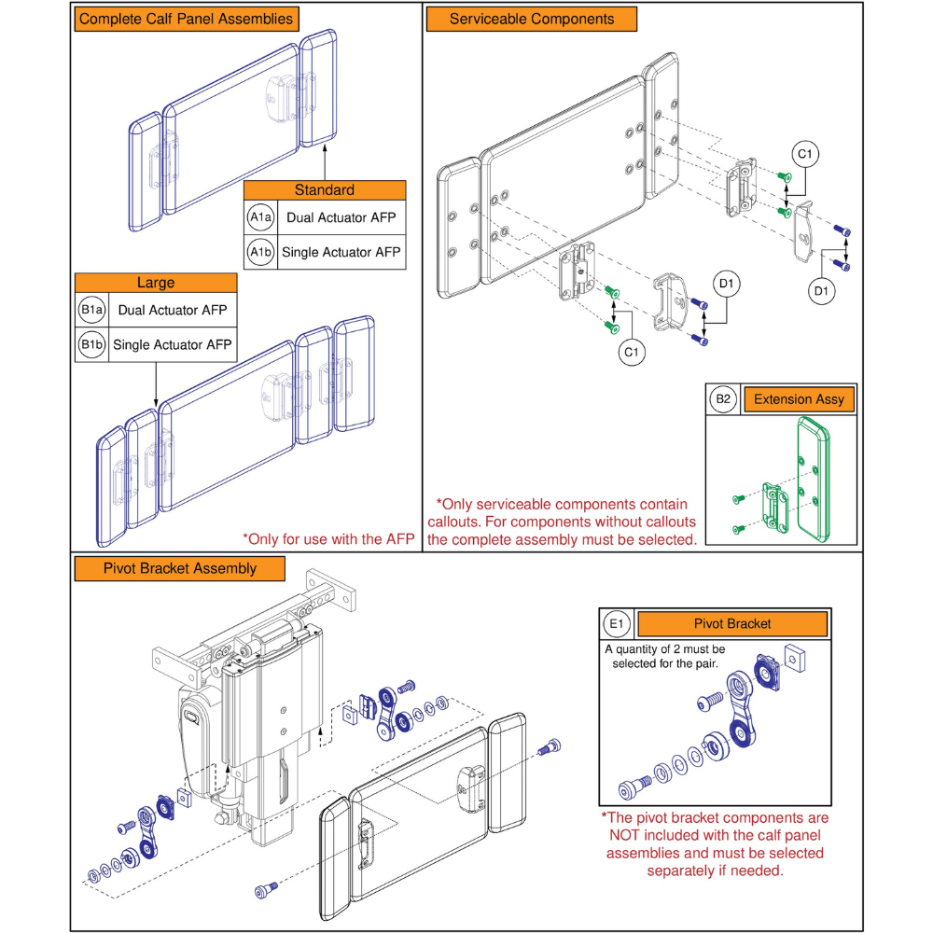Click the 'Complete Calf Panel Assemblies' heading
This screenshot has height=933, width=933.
pyautogui.click(x=186, y=19)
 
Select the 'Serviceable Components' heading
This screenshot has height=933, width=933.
pyautogui.click(x=532, y=19)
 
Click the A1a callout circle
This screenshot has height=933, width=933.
pyautogui.click(x=260, y=217)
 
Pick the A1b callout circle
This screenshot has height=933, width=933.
pyautogui.click(x=260, y=252)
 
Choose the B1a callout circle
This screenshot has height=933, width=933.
pyautogui.click(x=91, y=310)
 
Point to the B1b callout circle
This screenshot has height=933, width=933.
pyautogui.click(x=91, y=345)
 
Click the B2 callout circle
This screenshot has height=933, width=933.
pyautogui.click(x=723, y=399)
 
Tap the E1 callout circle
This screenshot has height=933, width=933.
pyautogui.click(x=618, y=623)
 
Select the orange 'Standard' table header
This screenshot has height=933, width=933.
pyautogui.click(x=325, y=190)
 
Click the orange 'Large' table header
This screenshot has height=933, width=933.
pyautogui.click(x=156, y=282)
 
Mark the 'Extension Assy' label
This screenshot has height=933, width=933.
pyautogui.click(x=799, y=399)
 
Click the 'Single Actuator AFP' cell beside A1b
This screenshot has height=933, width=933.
pyautogui.click(x=342, y=252)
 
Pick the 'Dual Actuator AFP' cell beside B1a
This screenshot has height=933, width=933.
pyautogui.click(x=173, y=310)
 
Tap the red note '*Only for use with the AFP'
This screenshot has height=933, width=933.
pyautogui.click(x=329, y=538)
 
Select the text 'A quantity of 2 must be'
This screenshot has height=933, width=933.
pyautogui.click(x=664, y=648)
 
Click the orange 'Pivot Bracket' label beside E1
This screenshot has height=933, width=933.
pyautogui.click(x=731, y=623)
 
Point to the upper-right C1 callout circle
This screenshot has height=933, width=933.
pyautogui.click(x=805, y=154)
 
